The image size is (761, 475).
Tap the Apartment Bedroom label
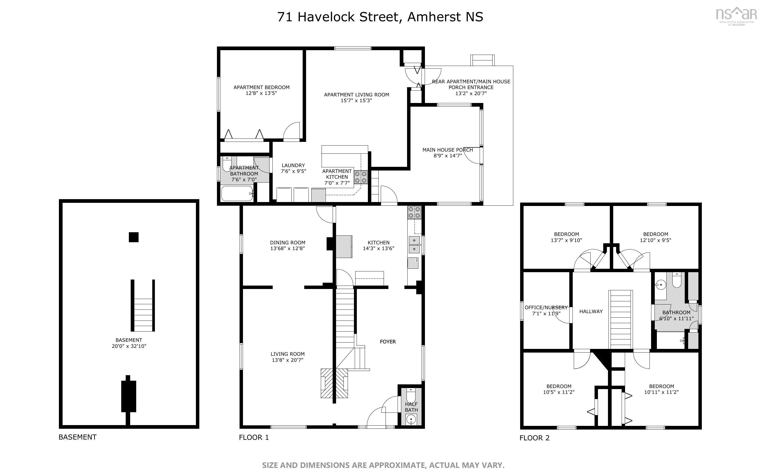[261, 90]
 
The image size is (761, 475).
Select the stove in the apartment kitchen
[361, 177]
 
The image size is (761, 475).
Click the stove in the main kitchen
[414, 212]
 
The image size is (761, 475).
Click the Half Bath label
[411, 407]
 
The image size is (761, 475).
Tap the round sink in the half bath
[411, 419]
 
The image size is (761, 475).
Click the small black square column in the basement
[134, 237]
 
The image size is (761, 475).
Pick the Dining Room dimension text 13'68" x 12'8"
[287, 249]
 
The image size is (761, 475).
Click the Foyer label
[388, 342]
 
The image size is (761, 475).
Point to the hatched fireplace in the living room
[334, 383]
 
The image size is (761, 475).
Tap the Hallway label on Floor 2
[591, 311]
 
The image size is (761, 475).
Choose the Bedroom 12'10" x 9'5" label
[655, 237]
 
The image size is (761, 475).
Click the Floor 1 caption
[254, 437]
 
